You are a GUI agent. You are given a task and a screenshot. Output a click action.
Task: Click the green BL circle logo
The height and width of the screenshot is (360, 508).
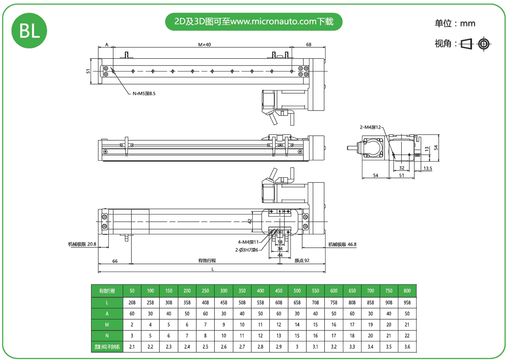[x=29, y=31]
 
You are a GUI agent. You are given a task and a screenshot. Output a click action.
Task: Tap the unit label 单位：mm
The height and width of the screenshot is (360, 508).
[x=455, y=23]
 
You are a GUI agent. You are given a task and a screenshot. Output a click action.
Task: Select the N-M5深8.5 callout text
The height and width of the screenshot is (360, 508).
[x=144, y=93]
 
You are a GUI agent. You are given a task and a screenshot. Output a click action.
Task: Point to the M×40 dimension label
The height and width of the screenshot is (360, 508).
[x=204, y=44]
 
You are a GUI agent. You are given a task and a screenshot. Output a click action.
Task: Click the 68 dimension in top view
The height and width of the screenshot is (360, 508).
[x=309, y=44]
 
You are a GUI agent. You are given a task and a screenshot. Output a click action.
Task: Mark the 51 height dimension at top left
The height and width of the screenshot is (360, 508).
[x=88, y=71]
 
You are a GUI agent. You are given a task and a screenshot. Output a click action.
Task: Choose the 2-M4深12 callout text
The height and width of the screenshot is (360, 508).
[x=371, y=127]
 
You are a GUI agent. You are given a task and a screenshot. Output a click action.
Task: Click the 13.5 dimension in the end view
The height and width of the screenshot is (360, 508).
[x=428, y=168]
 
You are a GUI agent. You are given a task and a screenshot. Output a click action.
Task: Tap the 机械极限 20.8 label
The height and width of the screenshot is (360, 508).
[x=82, y=244]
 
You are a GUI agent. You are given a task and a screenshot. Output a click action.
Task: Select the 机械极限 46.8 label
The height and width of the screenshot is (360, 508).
[x=342, y=244]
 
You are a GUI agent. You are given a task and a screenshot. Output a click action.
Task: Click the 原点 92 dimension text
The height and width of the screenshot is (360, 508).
[x=302, y=261]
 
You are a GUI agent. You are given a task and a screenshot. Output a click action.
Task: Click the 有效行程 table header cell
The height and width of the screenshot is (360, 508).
[x=107, y=291]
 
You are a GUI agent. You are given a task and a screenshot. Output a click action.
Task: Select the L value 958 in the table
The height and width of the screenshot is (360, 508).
[x=407, y=303]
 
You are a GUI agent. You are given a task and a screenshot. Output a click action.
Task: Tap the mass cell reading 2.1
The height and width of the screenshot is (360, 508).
[x=132, y=347]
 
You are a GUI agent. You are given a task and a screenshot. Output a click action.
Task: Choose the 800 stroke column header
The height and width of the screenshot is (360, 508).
[x=407, y=291]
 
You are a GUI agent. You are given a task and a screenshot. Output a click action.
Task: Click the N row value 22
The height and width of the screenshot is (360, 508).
[x=407, y=335]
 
